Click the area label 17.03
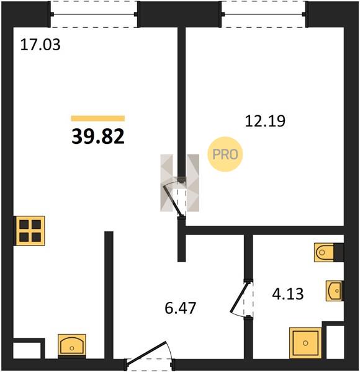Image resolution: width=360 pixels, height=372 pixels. pyautogui.click(x=40, y=45)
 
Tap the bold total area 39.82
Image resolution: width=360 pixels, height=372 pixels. pyautogui.click(x=98, y=136)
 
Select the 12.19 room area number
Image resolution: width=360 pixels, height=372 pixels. pyautogui.click(x=265, y=121)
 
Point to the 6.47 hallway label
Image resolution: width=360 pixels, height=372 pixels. pyautogui.click(x=181, y=308)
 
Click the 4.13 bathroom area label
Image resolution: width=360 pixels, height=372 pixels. pyautogui.click(x=288, y=294)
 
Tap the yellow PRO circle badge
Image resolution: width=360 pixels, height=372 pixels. pyautogui.click(x=225, y=154)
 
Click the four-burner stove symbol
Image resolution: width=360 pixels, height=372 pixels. pyautogui.click(x=30, y=231)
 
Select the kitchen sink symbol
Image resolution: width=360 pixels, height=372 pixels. pyautogui.click(x=72, y=345)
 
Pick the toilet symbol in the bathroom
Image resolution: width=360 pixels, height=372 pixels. pyautogui.click(x=324, y=252)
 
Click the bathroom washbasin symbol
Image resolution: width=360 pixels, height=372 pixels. pyautogui.click(x=334, y=291)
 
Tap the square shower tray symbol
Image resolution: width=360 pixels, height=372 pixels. pyautogui.click(x=305, y=343)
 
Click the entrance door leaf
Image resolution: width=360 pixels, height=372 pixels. pyautogui.click(x=146, y=352)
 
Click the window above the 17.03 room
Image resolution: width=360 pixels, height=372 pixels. pyautogui.click(x=94, y=14)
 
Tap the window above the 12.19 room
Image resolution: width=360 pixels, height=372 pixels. pyautogui.click(x=264, y=14)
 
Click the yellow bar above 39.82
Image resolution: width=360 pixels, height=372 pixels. pyautogui.click(x=98, y=118)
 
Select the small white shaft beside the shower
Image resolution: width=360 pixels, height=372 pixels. pyautogui.click(x=335, y=342)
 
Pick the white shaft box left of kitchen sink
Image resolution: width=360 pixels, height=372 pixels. pyautogui.click(x=27, y=350)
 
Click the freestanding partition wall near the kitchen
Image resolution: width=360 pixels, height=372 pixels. pyautogui.click(x=109, y=295)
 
